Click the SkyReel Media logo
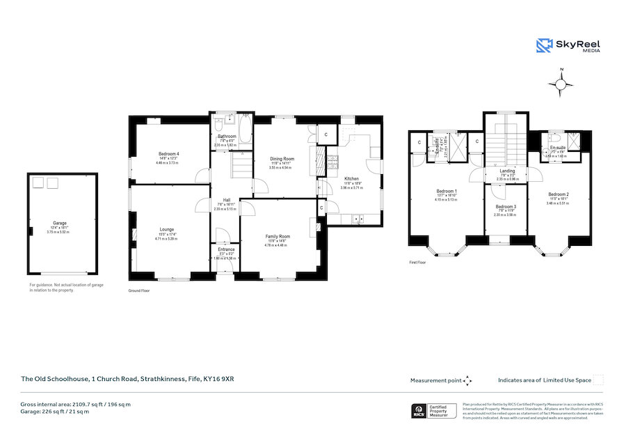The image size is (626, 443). pyautogui.click(x=568, y=46)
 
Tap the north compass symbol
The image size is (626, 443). pyautogui.click(x=561, y=84)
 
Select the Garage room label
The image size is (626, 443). pyautogui.click(x=59, y=224)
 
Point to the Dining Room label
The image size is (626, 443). pyautogui.click(x=283, y=159)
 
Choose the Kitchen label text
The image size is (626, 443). pyautogui.click(x=351, y=179)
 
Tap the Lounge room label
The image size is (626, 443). pyautogui.click(x=166, y=229)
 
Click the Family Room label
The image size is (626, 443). pyautogui.click(x=277, y=237)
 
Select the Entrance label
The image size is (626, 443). pyautogui.click(x=226, y=249)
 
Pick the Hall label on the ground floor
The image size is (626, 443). pyautogui.click(x=226, y=200)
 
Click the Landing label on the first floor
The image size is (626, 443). pyautogui.click(x=507, y=171)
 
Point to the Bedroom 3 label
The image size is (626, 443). pyautogui.click(x=506, y=207)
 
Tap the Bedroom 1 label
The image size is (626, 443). pyautogui.click(x=446, y=191)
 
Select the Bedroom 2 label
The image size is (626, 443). pyautogui.click(x=558, y=194)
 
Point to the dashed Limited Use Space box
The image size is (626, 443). pyautogui.click(x=598, y=380)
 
